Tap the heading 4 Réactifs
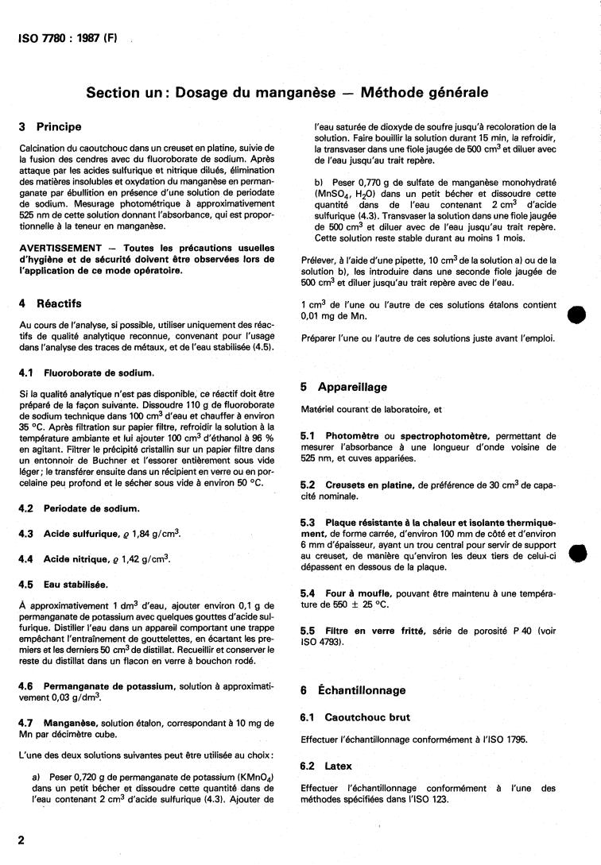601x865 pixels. pos(52,303)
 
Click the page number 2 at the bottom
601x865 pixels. pos(21,840)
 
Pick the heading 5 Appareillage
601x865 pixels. pos(343,388)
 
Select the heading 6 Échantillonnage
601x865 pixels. pos(353,690)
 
